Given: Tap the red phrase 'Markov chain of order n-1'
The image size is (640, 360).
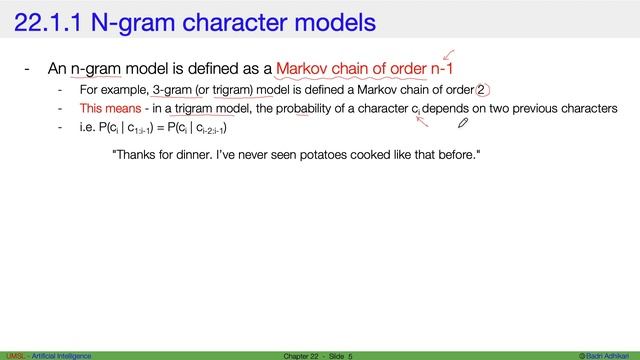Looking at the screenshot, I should pos(372,70).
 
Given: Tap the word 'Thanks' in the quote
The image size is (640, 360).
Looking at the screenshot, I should pos(135,156).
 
